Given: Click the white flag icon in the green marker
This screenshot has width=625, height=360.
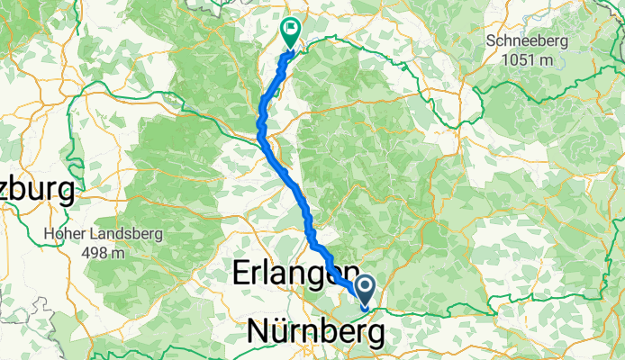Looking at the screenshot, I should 291,29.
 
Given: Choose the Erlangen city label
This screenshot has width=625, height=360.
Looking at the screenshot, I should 290,274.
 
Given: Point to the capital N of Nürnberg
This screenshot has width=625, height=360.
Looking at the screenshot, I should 258,332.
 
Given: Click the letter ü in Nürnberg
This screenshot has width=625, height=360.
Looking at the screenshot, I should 281,332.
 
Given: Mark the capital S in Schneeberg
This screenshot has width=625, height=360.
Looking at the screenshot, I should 491,40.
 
